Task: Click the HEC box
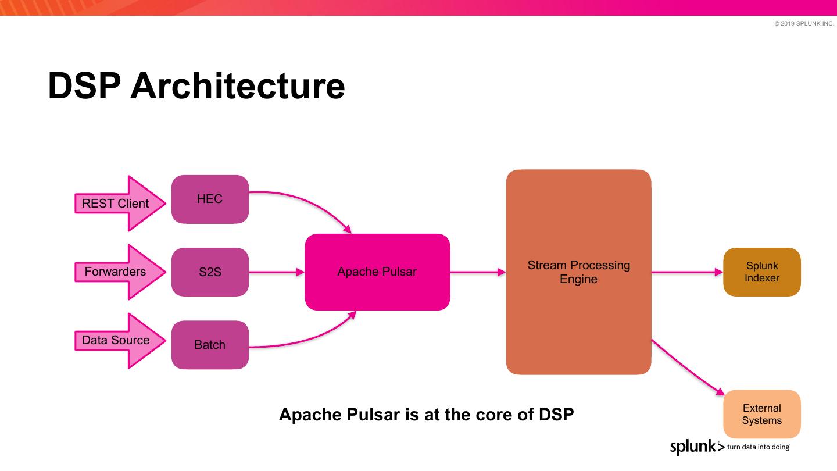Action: tap(210, 199)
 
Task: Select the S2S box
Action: tap(210, 272)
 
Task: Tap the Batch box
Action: tap(210, 345)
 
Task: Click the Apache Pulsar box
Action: tap(377, 272)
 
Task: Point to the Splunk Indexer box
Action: tap(762, 272)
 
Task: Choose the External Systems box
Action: tap(762, 414)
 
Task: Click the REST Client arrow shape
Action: tap(120, 204)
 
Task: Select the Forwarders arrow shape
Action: tap(120, 272)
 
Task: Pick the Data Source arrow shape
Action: tap(120, 341)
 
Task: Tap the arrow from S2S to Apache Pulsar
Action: tap(277, 272)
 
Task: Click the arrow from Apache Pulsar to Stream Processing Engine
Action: tap(478, 272)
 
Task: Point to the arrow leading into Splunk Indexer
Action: tap(687, 272)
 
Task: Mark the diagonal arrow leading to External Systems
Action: tap(688, 367)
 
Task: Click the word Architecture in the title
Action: tap(238, 86)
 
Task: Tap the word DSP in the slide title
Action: tap(84, 86)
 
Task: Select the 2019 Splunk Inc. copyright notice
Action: tap(804, 23)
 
